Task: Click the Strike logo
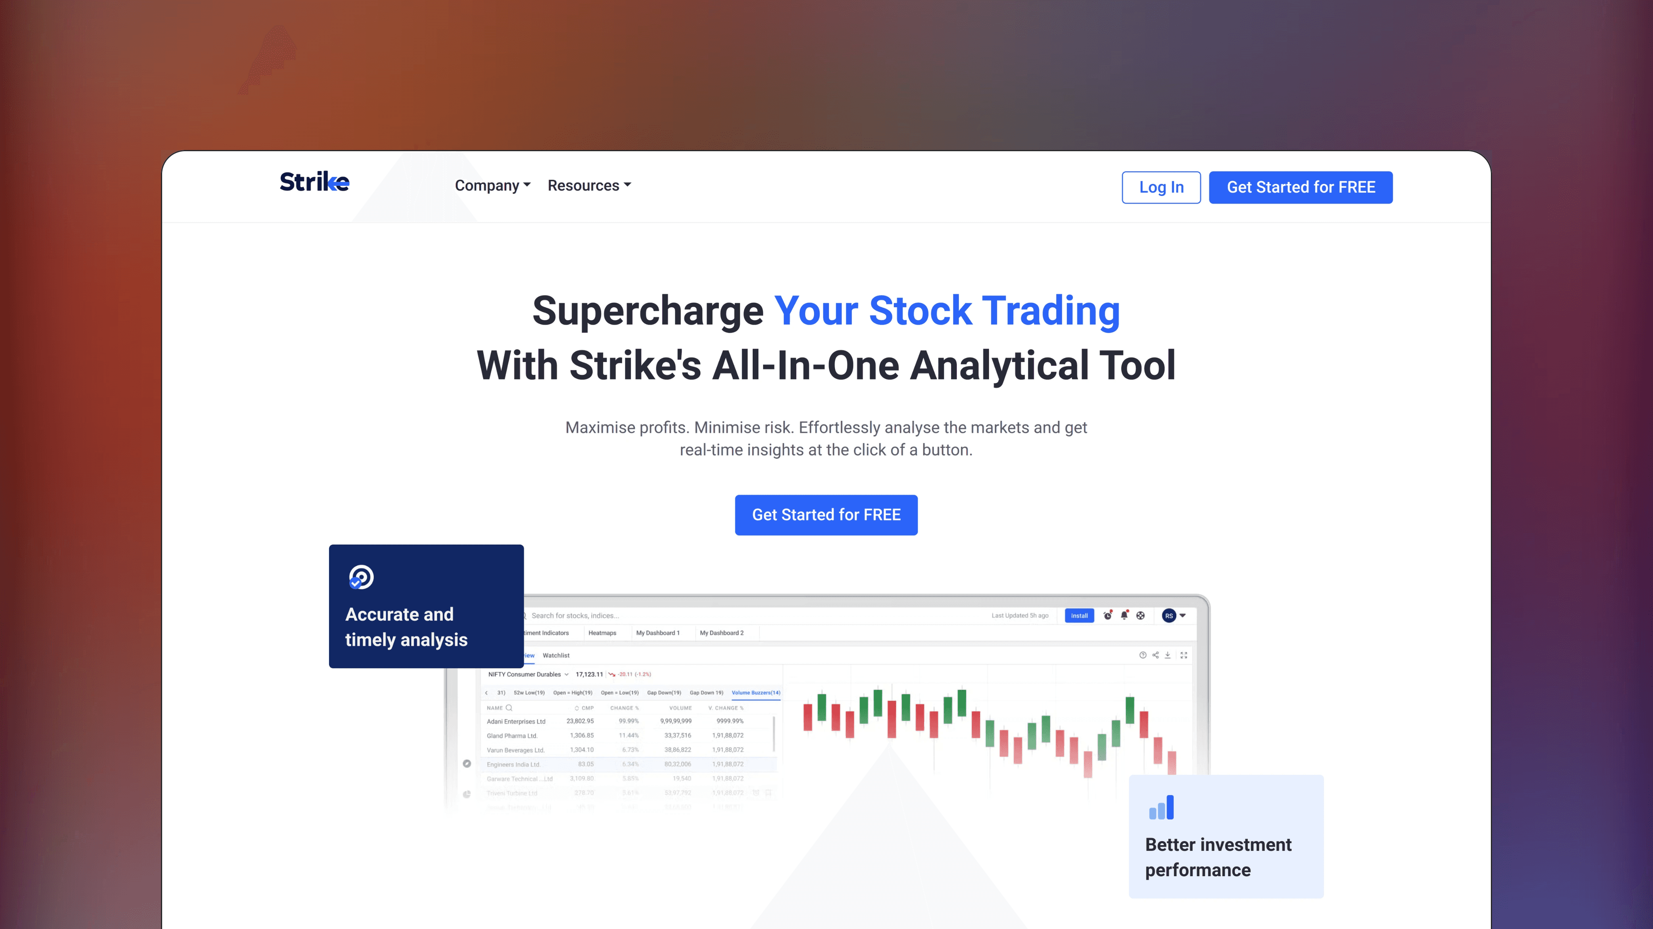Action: click(x=315, y=182)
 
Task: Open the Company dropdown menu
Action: click(x=492, y=185)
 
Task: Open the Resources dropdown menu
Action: click(x=589, y=185)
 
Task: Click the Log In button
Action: click(x=1161, y=187)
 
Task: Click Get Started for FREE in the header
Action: click(x=1301, y=187)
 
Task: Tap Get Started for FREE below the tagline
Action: click(x=826, y=514)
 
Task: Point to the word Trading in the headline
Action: click(x=1051, y=311)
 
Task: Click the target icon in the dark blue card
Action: click(x=361, y=577)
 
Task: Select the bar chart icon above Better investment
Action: click(x=1161, y=807)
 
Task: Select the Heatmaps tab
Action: click(x=602, y=633)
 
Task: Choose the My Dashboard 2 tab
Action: click(x=721, y=633)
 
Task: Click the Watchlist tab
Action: click(x=556, y=656)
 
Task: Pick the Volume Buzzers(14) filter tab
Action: click(x=756, y=693)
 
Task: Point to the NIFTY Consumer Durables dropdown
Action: click(x=528, y=674)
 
